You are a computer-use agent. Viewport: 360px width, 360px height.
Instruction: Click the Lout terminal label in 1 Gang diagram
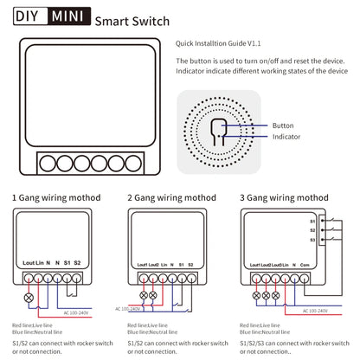coord(28,261)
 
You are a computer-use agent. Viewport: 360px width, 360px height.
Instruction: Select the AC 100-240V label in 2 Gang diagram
coord(127,307)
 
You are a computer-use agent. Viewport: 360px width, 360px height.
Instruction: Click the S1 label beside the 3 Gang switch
coord(312,220)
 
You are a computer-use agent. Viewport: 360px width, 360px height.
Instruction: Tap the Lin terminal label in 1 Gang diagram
coord(43,261)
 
